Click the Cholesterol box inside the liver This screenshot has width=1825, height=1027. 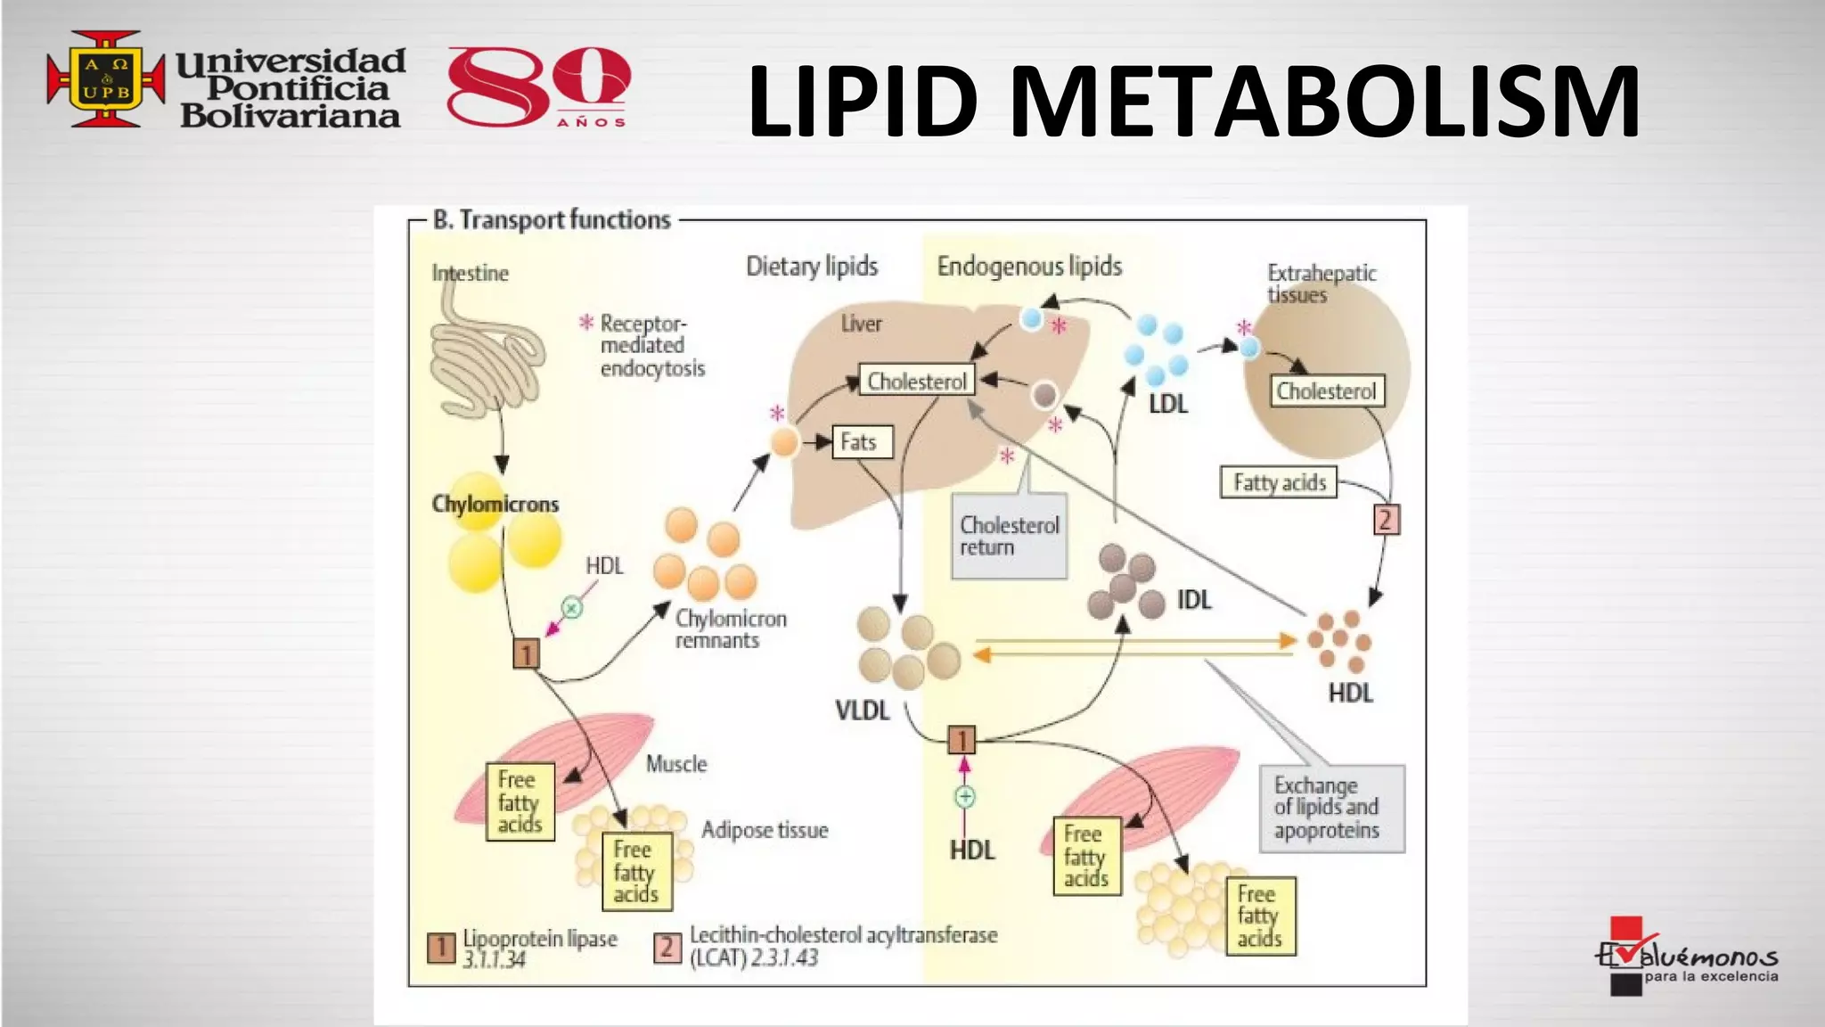[x=917, y=382]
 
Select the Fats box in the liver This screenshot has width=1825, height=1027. [x=861, y=442]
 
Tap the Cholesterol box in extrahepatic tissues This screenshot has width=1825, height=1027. [x=1326, y=391]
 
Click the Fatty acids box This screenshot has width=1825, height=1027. [x=1279, y=482]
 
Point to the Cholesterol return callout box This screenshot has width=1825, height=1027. [x=1009, y=537]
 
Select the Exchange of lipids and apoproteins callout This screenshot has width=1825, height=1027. [x=1331, y=809]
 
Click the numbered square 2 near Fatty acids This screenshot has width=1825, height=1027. [x=1386, y=520]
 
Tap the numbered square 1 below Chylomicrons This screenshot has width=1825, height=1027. [x=527, y=654]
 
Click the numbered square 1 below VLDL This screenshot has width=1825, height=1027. [x=962, y=740]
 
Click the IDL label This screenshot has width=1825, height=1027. [x=1194, y=601]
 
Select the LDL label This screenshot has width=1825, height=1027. [x=1167, y=405]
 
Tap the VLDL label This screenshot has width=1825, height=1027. [x=862, y=711]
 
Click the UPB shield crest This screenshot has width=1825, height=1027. [x=106, y=79]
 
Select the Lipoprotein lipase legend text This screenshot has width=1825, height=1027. [x=539, y=948]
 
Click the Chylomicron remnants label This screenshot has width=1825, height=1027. [x=730, y=629]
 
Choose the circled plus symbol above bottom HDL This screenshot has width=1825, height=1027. [x=965, y=796]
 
